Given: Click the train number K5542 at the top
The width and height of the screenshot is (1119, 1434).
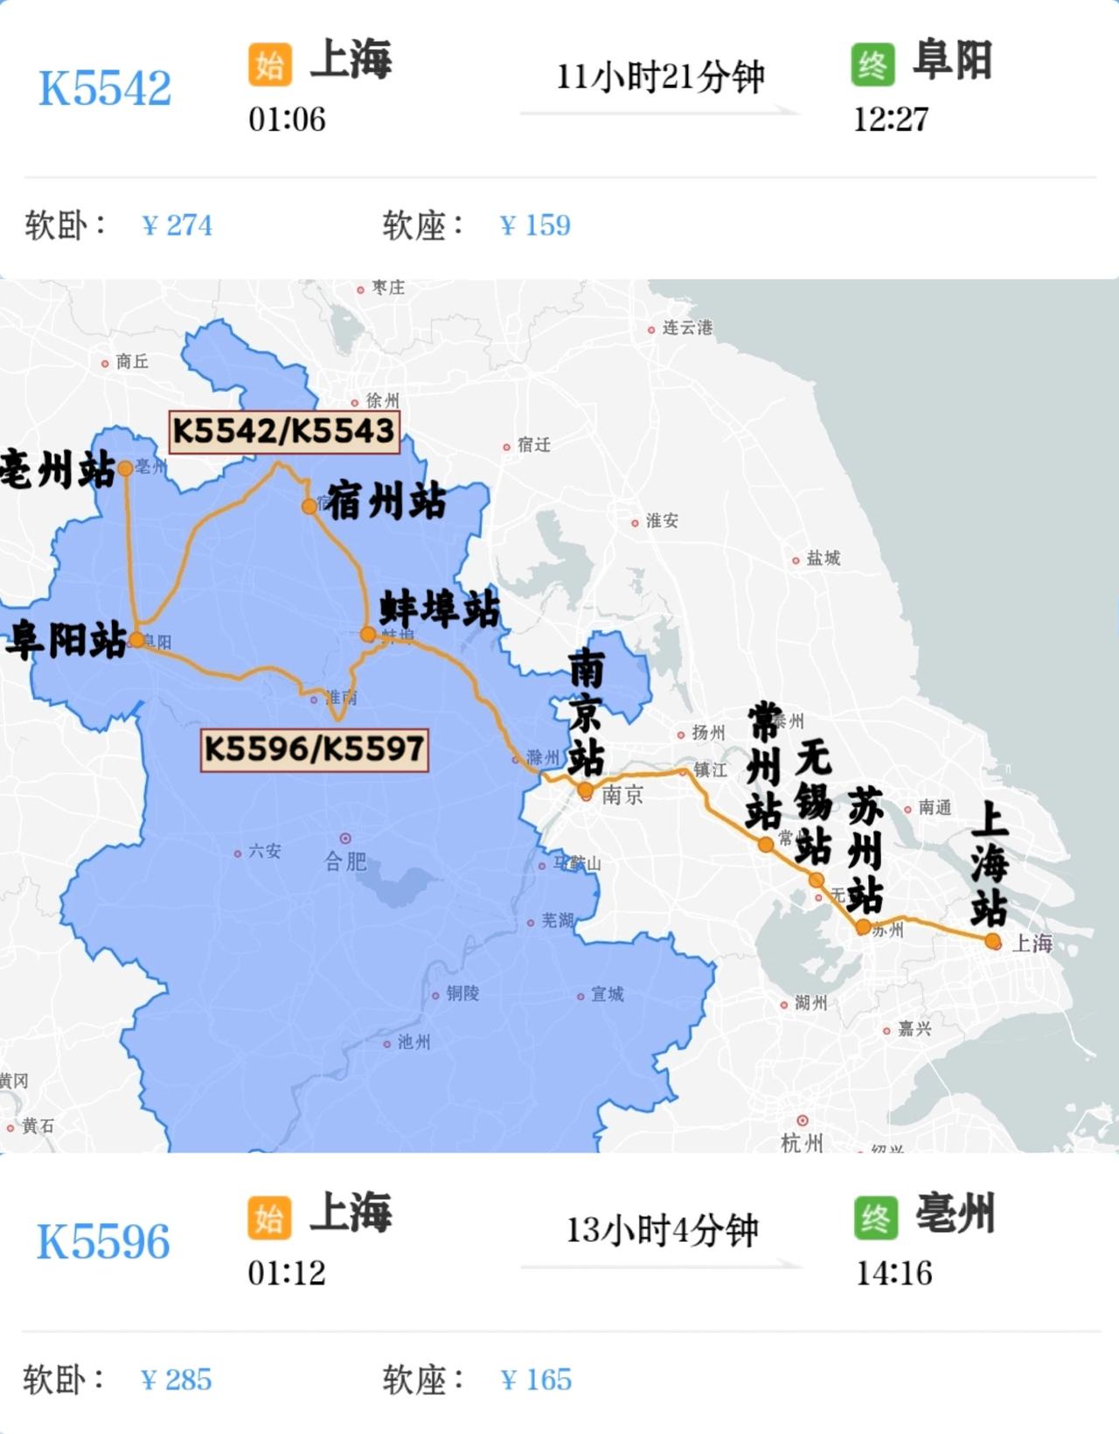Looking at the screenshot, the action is pos(105,87).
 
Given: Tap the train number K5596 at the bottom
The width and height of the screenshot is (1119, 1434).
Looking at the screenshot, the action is pos(103,1242).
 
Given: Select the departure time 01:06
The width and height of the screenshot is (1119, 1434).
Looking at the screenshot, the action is pos(287,120).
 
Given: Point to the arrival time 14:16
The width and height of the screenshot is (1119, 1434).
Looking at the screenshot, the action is pos(893,1273).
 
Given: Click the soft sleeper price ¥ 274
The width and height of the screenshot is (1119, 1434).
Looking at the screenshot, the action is pos(177,226).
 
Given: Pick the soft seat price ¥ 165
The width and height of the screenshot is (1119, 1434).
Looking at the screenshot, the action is pos(536,1380).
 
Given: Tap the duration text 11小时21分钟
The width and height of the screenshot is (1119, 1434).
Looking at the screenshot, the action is pos(660,77).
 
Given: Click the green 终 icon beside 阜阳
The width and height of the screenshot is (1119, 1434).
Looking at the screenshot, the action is pos(872,65).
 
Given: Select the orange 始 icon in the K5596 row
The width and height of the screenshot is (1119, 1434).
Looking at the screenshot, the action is pos(269,1218).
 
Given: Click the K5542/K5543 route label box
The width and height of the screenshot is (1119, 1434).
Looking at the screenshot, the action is pos(283,431).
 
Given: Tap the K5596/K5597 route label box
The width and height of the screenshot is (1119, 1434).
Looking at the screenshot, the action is pos(314,749).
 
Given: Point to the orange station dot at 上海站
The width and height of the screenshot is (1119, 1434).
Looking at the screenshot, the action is pos(992,942).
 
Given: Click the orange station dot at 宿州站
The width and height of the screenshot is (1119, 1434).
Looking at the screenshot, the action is pos(309,506).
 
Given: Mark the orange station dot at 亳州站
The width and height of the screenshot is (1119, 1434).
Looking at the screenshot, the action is pos(125,469).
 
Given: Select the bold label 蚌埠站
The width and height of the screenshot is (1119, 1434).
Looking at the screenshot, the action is pos(440,609).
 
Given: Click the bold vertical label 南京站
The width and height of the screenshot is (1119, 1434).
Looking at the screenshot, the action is pos(586,713).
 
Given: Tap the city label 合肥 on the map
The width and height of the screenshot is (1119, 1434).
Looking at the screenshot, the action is pos(345,862).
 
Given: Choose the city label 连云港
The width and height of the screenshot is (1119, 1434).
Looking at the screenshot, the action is pos(686,328).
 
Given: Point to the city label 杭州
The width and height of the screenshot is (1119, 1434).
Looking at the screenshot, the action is pos(802,1142).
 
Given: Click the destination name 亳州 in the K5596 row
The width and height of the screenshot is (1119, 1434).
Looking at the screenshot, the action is pos(955,1214).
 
